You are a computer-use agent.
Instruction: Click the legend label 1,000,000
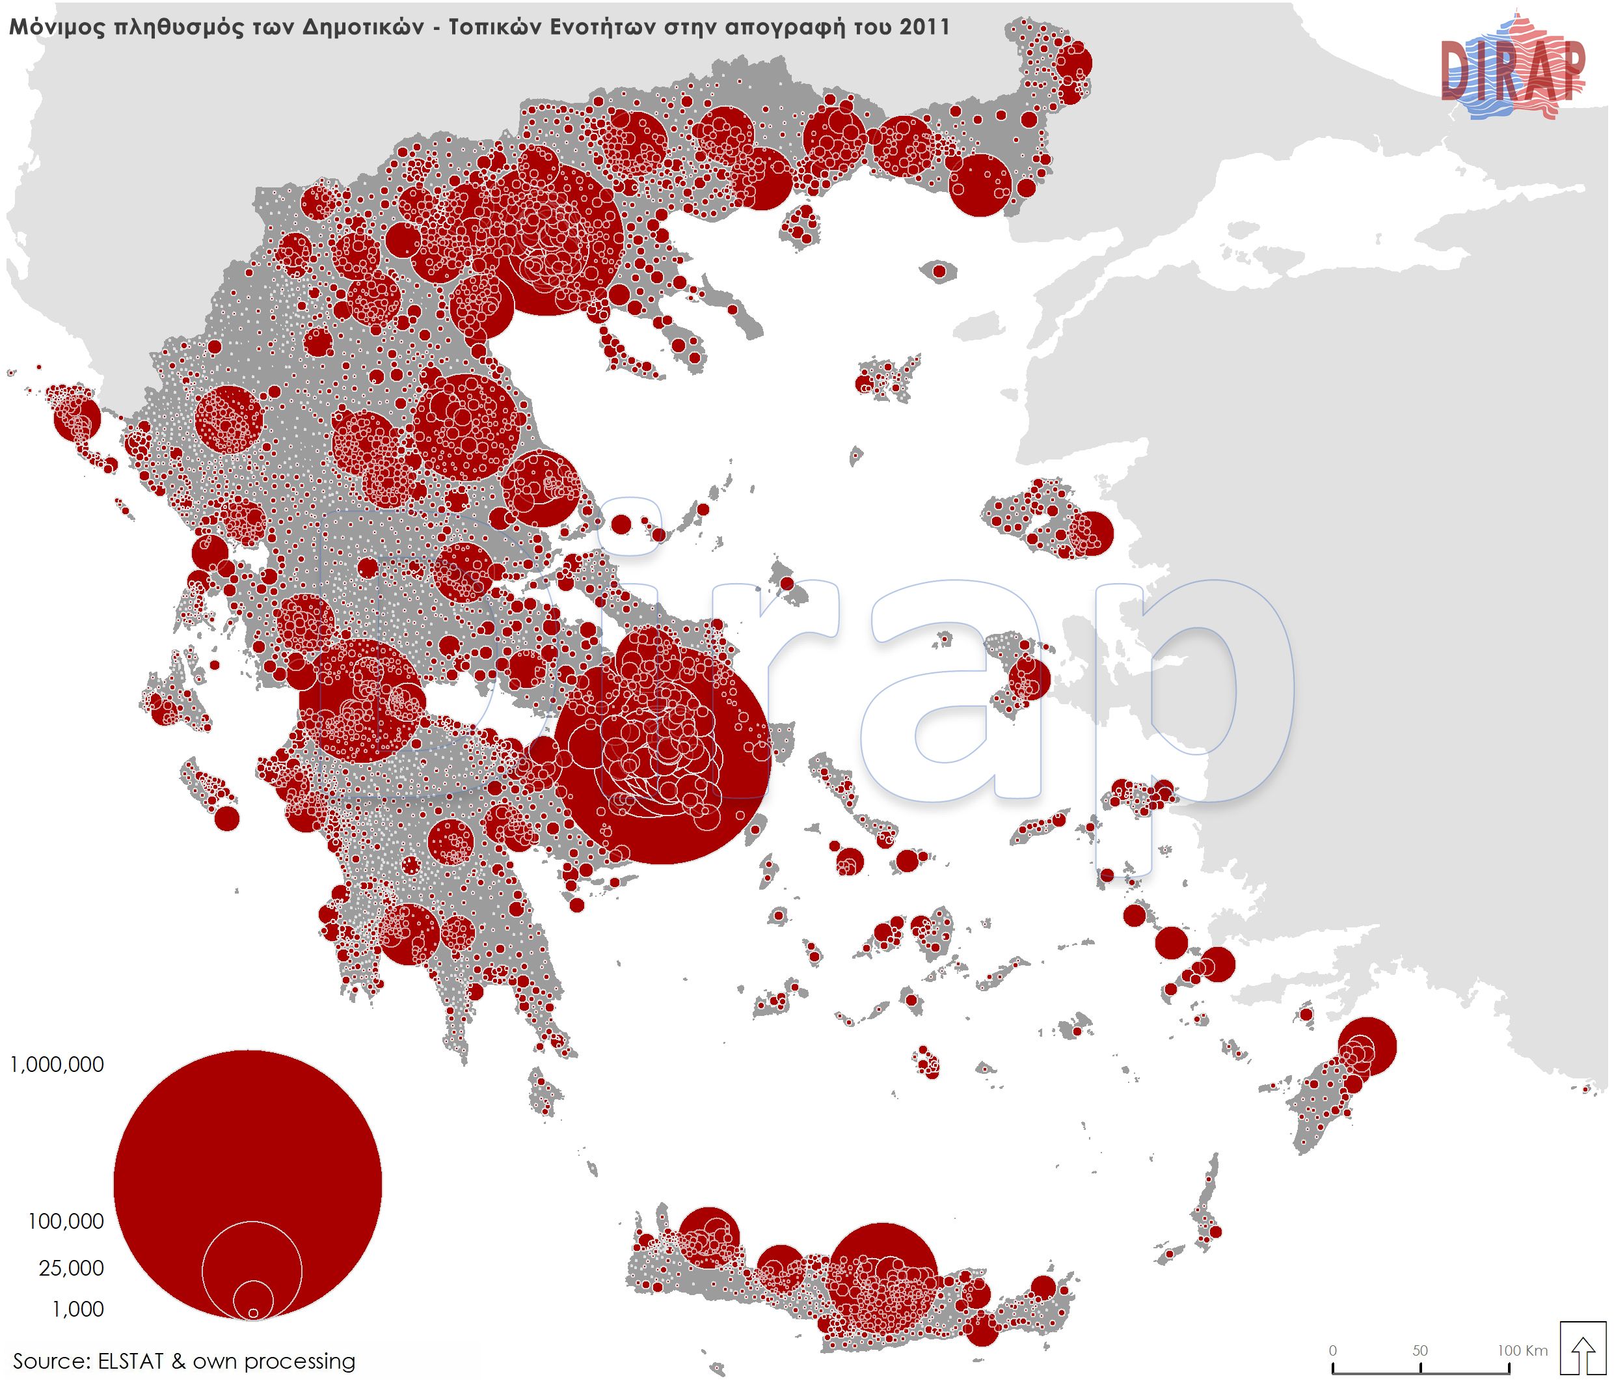coord(57,1064)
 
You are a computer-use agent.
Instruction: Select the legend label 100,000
coord(66,1222)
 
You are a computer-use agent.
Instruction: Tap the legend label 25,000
coord(71,1268)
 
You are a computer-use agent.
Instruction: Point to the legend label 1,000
coord(77,1309)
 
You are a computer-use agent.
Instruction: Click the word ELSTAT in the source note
coord(131,1361)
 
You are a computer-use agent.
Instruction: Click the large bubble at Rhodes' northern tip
coord(1367,1047)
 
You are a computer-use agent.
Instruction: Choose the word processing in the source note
coord(299,1361)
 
